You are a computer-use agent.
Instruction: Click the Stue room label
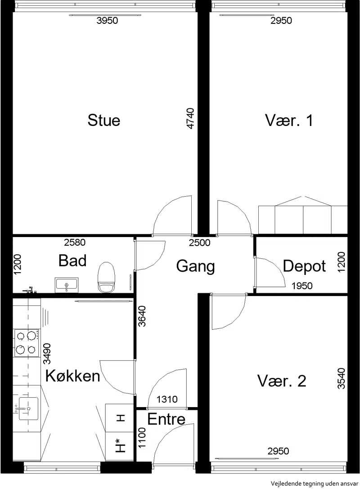point(104,121)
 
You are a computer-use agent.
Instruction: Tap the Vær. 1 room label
point(289,121)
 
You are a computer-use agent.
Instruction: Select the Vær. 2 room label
point(282,381)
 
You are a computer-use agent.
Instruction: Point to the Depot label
point(304,267)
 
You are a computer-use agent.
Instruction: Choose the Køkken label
point(73,376)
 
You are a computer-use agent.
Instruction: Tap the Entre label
point(166,419)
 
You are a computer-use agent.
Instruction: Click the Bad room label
point(72,261)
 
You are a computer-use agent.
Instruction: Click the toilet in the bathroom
point(106,277)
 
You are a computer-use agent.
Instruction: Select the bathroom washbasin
point(67,285)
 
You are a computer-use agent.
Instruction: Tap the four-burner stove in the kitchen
point(27,343)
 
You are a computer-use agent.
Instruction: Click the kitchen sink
point(28,408)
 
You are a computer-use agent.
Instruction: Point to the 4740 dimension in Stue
point(189,118)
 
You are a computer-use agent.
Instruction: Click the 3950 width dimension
point(107,21)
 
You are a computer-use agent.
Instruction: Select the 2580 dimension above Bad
point(75,242)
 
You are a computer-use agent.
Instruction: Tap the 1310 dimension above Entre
point(167,399)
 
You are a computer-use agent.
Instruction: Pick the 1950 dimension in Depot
point(302,286)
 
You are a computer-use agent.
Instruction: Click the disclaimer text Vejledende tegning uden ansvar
point(315,484)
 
